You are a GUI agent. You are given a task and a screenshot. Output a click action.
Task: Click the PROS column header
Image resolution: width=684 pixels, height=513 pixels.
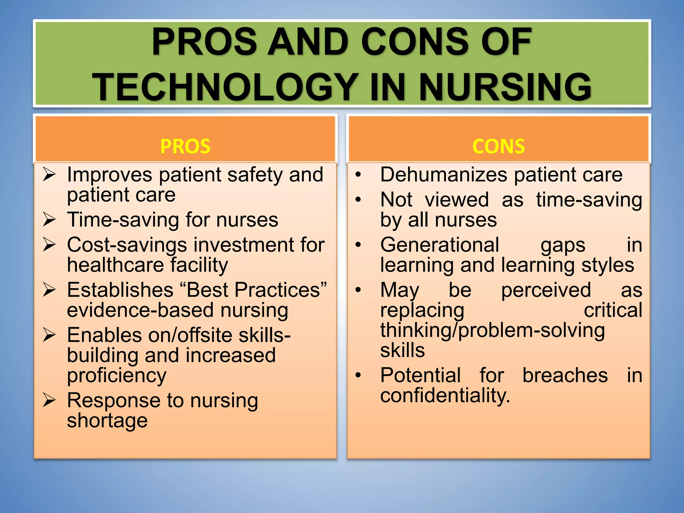click(x=185, y=146)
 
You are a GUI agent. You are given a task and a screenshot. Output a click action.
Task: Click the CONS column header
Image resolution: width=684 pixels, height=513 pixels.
click(x=498, y=146)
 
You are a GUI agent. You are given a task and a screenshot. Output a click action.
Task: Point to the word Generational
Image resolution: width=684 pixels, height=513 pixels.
click(x=440, y=244)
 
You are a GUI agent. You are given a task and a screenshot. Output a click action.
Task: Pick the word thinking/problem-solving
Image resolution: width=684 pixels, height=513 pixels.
click(x=492, y=331)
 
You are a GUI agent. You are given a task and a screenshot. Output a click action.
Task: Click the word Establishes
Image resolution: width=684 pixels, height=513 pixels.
click(x=120, y=290)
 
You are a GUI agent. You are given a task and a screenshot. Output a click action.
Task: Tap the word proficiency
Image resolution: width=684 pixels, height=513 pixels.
click(x=117, y=376)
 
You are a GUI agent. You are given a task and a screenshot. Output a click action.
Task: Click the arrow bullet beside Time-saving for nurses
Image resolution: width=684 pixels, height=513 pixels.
click(x=49, y=220)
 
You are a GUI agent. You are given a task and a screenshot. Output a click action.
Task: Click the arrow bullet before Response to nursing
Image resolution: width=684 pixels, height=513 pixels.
click(x=49, y=400)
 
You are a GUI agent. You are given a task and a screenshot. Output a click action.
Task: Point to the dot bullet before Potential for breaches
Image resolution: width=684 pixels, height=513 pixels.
click(x=358, y=375)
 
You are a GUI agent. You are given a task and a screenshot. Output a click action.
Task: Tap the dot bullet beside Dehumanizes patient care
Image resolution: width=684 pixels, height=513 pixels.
click(x=358, y=175)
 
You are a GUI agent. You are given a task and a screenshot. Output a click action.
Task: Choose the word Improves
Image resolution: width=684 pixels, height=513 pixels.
click(x=109, y=175)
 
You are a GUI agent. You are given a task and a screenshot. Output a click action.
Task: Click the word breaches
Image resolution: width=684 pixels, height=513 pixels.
click(x=565, y=375)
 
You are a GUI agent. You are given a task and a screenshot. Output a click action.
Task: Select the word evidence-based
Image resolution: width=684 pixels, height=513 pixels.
click(x=140, y=310)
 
